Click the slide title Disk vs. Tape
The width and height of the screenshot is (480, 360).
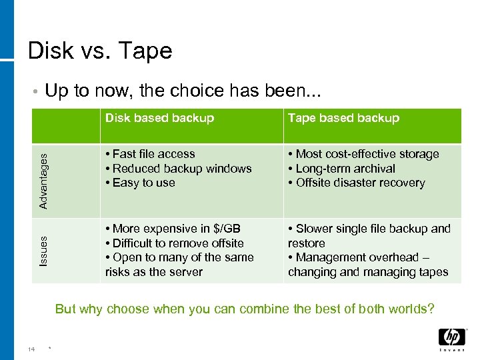[100, 51]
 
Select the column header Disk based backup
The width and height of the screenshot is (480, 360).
[159, 118]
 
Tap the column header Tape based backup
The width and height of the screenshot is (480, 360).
[343, 118]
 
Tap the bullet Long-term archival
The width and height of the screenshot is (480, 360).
[341, 169]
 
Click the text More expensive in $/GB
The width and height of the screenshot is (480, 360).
[173, 229]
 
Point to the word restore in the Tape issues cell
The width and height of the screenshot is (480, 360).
[306, 243]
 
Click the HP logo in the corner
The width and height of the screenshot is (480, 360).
[451, 339]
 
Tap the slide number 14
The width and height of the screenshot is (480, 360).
[31, 349]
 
